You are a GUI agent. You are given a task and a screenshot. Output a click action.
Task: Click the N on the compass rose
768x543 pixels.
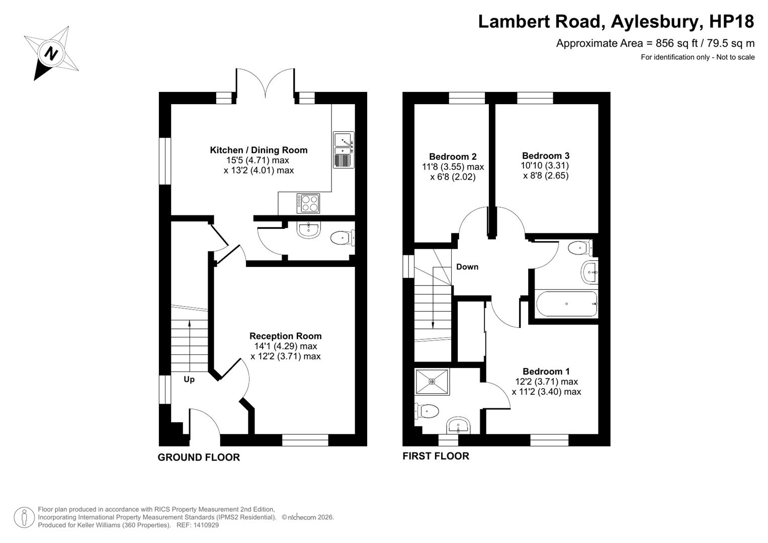coord(51,53)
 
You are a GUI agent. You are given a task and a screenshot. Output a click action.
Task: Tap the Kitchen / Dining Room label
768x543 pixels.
coord(259,150)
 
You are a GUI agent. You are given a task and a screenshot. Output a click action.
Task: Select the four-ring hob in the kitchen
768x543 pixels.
coord(308,203)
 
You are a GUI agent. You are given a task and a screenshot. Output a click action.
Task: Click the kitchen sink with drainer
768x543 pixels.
coord(344,150)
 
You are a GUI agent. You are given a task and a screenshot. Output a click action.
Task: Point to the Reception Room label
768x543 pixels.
coord(285,336)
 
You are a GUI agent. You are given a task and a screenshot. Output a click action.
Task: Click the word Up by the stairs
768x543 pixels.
coord(189,379)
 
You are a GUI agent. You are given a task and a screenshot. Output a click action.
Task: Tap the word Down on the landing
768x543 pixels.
coord(467,266)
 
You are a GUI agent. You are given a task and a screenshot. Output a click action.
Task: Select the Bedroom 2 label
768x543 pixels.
coord(453,157)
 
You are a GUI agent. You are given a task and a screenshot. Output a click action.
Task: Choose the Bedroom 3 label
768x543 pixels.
coord(546,156)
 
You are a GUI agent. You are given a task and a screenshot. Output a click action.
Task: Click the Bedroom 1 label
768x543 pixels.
coord(546,371)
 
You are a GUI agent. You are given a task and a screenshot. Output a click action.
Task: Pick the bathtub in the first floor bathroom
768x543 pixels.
coord(566,304)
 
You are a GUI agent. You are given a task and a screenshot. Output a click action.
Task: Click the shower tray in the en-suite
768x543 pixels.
coord(432,382)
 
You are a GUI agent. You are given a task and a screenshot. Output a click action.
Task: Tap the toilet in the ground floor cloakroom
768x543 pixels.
coord(343,237)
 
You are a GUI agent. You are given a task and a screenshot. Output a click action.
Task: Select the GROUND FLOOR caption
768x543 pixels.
coord(199,458)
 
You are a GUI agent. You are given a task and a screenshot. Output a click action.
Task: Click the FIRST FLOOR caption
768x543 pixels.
coord(436,456)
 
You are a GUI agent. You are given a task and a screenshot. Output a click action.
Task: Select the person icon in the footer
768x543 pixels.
coord(24,518)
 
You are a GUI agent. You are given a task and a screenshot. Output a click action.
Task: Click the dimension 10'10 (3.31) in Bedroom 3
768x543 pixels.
coord(545,165)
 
